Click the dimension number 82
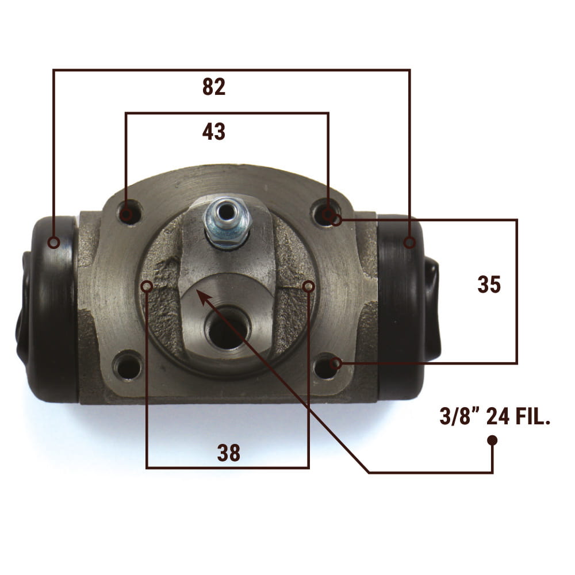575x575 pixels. (214, 87)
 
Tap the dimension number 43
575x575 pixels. (214, 132)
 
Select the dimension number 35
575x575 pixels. (489, 284)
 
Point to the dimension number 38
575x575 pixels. (229, 453)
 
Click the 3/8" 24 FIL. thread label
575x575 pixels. (495, 416)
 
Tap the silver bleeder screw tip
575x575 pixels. (225, 212)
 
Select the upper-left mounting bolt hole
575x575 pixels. (129, 213)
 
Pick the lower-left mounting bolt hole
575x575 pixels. (127, 366)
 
